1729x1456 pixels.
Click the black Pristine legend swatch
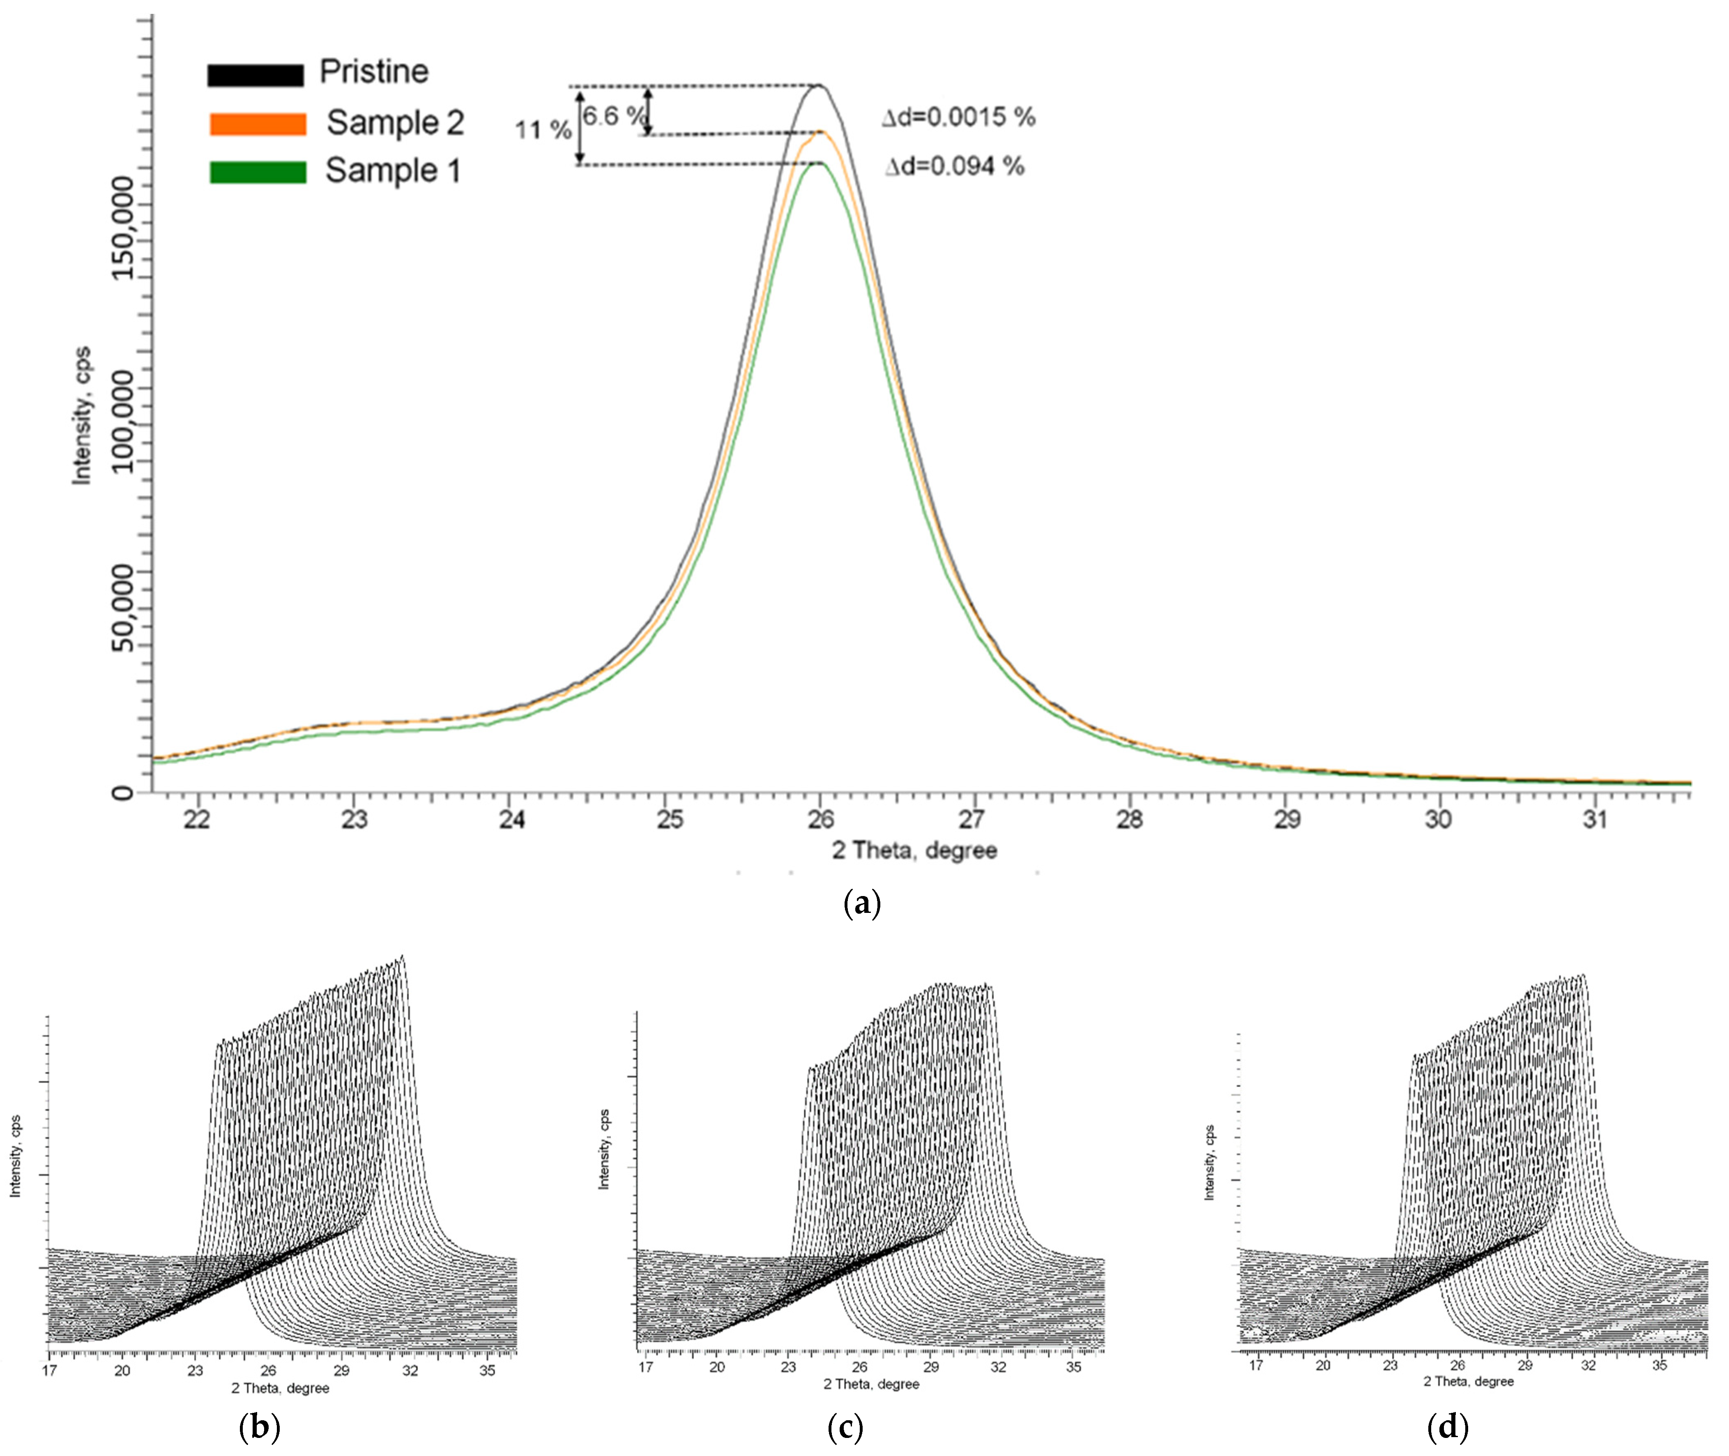pos(255,74)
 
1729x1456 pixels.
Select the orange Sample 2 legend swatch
pos(258,124)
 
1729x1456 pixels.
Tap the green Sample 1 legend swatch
pos(258,172)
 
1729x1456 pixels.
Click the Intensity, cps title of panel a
pos(82,415)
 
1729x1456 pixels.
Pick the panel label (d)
pos(1447,1426)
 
